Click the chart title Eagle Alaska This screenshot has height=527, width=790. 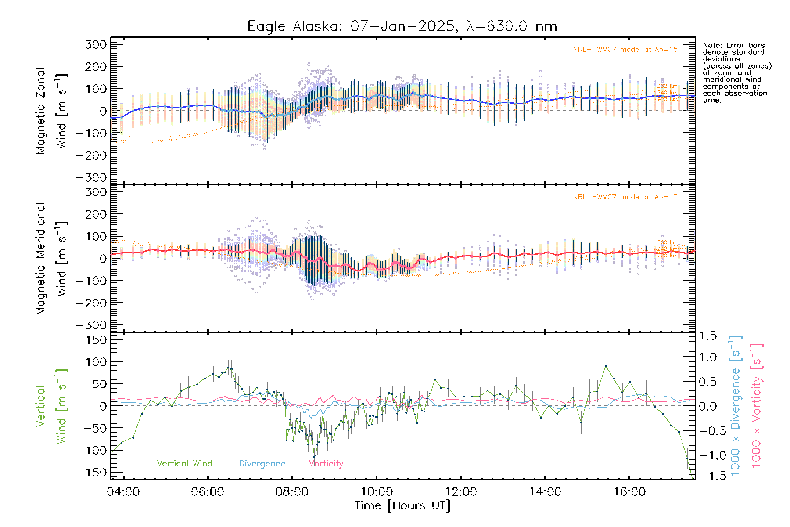[402, 26]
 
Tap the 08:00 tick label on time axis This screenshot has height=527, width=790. [292, 492]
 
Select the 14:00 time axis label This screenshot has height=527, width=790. [545, 492]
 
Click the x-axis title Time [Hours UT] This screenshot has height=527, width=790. [402, 505]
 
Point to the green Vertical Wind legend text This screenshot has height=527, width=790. [184, 464]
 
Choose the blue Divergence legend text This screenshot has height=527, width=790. [262, 464]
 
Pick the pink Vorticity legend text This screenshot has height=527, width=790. [326, 464]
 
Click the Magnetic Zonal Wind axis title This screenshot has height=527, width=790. [52, 111]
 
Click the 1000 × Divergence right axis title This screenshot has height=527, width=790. [736, 405]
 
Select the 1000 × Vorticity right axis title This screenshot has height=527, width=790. [757, 405]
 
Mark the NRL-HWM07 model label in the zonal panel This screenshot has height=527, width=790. [625, 50]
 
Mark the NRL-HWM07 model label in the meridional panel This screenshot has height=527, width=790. [625, 197]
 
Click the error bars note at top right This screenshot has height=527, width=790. [736, 72]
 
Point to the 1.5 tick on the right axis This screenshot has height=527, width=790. [707, 336]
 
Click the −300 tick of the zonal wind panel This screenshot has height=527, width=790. [91, 178]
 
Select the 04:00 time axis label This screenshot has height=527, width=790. [123, 492]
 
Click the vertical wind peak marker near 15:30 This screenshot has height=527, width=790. [606, 366]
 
